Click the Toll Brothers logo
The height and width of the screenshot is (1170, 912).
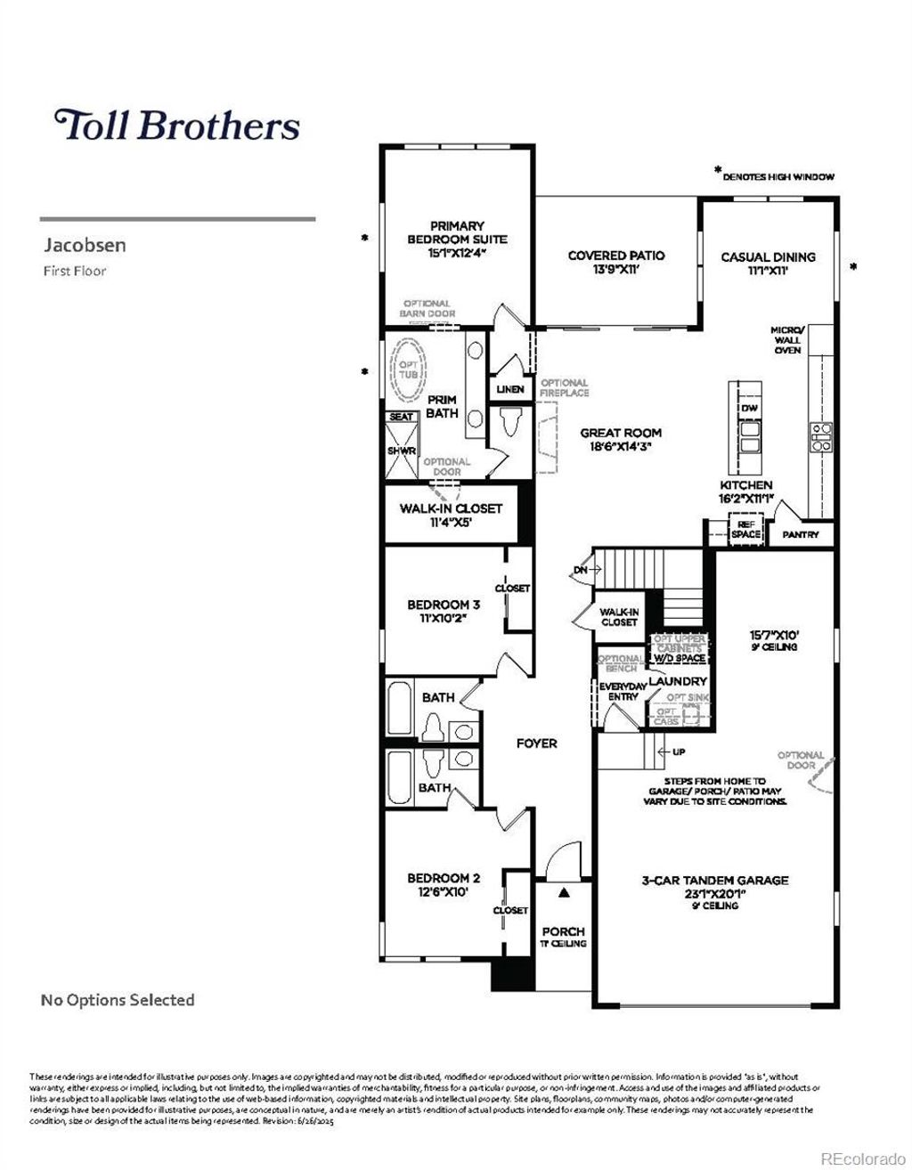[177, 126]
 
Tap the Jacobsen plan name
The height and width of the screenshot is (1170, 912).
[85, 245]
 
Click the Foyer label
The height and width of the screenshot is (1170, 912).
[536, 743]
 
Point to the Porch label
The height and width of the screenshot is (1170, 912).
[563, 931]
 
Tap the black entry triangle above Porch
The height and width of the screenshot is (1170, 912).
[563, 890]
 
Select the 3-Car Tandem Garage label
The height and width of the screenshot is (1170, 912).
[715, 881]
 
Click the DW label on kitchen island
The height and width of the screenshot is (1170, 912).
[749, 408]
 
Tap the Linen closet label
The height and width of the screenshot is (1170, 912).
[510, 389]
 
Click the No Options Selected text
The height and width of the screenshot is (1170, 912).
[118, 1000]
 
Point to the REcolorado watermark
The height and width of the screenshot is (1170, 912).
[860, 1158]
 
